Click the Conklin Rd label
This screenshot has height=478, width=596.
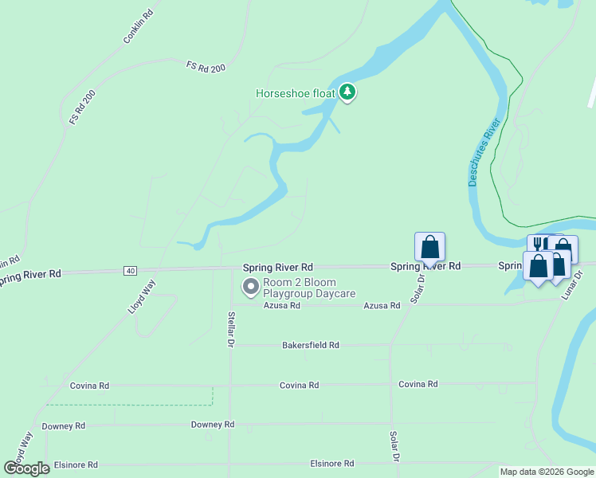pyautogui.click(x=137, y=29)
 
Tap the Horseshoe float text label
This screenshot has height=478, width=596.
pyautogui.click(x=295, y=93)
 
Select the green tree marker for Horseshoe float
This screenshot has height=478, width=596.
pyautogui.click(x=347, y=92)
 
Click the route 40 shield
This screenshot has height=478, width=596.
pyautogui.click(x=130, y=271)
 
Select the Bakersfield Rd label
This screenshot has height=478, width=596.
pyautogui.click(x=311, y=346)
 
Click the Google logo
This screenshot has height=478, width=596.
pyautogui.click(x=27, y=468)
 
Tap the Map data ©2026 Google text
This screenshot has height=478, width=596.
pyautogui.click(x=547, y=472)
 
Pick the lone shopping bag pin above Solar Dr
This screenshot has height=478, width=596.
pyautogui.click(x=429, y=247)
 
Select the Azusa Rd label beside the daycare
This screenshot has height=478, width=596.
pyautogui.click(x=282, y=306)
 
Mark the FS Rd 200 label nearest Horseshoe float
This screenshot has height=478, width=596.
pyautogui.click(x=206, y=67)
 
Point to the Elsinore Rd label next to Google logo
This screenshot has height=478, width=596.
pyautogui.click(x=76, y=464)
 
